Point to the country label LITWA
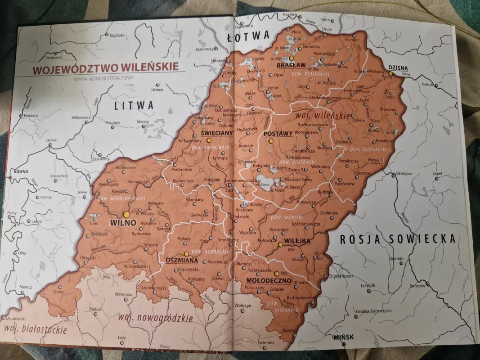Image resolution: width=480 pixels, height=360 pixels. pos(134,106)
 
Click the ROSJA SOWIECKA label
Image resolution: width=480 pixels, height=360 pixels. pos(397,239)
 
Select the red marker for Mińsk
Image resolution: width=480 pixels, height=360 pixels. pos(343,344)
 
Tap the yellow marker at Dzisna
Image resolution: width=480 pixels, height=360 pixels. pos(390,73)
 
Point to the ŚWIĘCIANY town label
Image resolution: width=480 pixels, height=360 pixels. pos(216,133)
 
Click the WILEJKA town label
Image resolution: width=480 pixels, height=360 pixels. pos(297,241)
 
